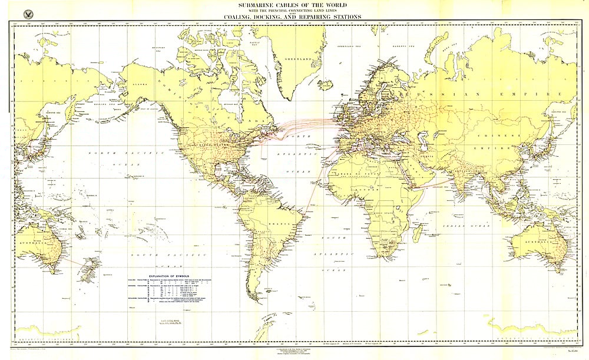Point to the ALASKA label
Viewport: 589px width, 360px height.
[x=144, y=84]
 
